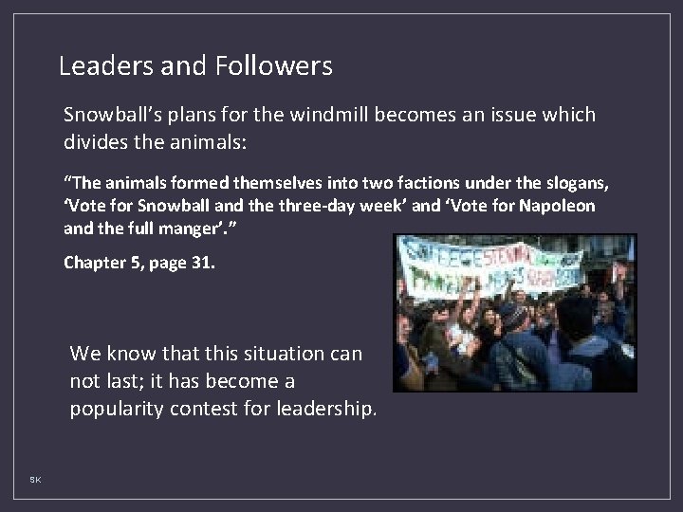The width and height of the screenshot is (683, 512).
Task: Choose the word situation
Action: coord(264,354)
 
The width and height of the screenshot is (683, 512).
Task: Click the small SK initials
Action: coord(35,481)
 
